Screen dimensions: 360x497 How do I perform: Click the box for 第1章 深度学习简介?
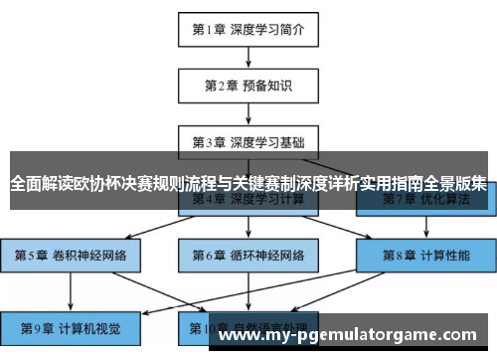pos(248,29)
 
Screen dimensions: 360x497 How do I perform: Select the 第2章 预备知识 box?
pos(248,86)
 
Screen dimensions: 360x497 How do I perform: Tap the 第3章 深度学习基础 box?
pos(248,141)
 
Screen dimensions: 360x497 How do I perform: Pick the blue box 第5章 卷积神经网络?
pos(71,255)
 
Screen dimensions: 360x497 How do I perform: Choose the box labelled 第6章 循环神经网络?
pos(248,255)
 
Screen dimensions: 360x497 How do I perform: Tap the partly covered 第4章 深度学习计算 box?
pos(248,201)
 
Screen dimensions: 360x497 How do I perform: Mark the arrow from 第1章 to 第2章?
pos(248,57)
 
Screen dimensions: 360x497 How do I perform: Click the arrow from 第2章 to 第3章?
pos(248,113)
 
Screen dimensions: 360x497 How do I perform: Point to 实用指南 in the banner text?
pos(389,183)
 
